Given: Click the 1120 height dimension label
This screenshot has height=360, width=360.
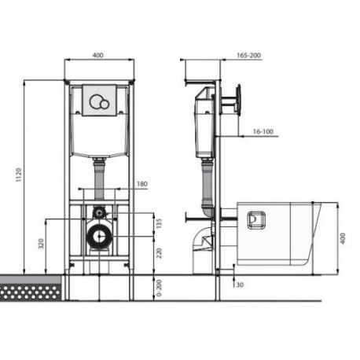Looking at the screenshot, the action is click(x=19, y=175).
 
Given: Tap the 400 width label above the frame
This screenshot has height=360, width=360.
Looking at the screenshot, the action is click(x=98, y=55).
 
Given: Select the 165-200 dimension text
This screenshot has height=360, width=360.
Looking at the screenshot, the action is click(x=248, y=55).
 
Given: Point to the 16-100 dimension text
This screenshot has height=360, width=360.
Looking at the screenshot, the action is click(x=263, y=131).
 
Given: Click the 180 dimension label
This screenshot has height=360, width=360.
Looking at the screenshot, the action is click(x=142, y=184).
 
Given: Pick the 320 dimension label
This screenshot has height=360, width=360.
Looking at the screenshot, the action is click(x=41, y=243).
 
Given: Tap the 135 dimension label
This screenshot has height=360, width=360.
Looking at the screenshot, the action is click(x=159, y=223).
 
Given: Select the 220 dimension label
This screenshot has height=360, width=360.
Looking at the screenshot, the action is click(x=159, y=253).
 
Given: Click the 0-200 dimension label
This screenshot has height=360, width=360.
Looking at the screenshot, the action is click(x=159, y=288).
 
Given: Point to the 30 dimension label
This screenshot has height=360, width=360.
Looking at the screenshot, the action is click(x=240, y=285).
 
